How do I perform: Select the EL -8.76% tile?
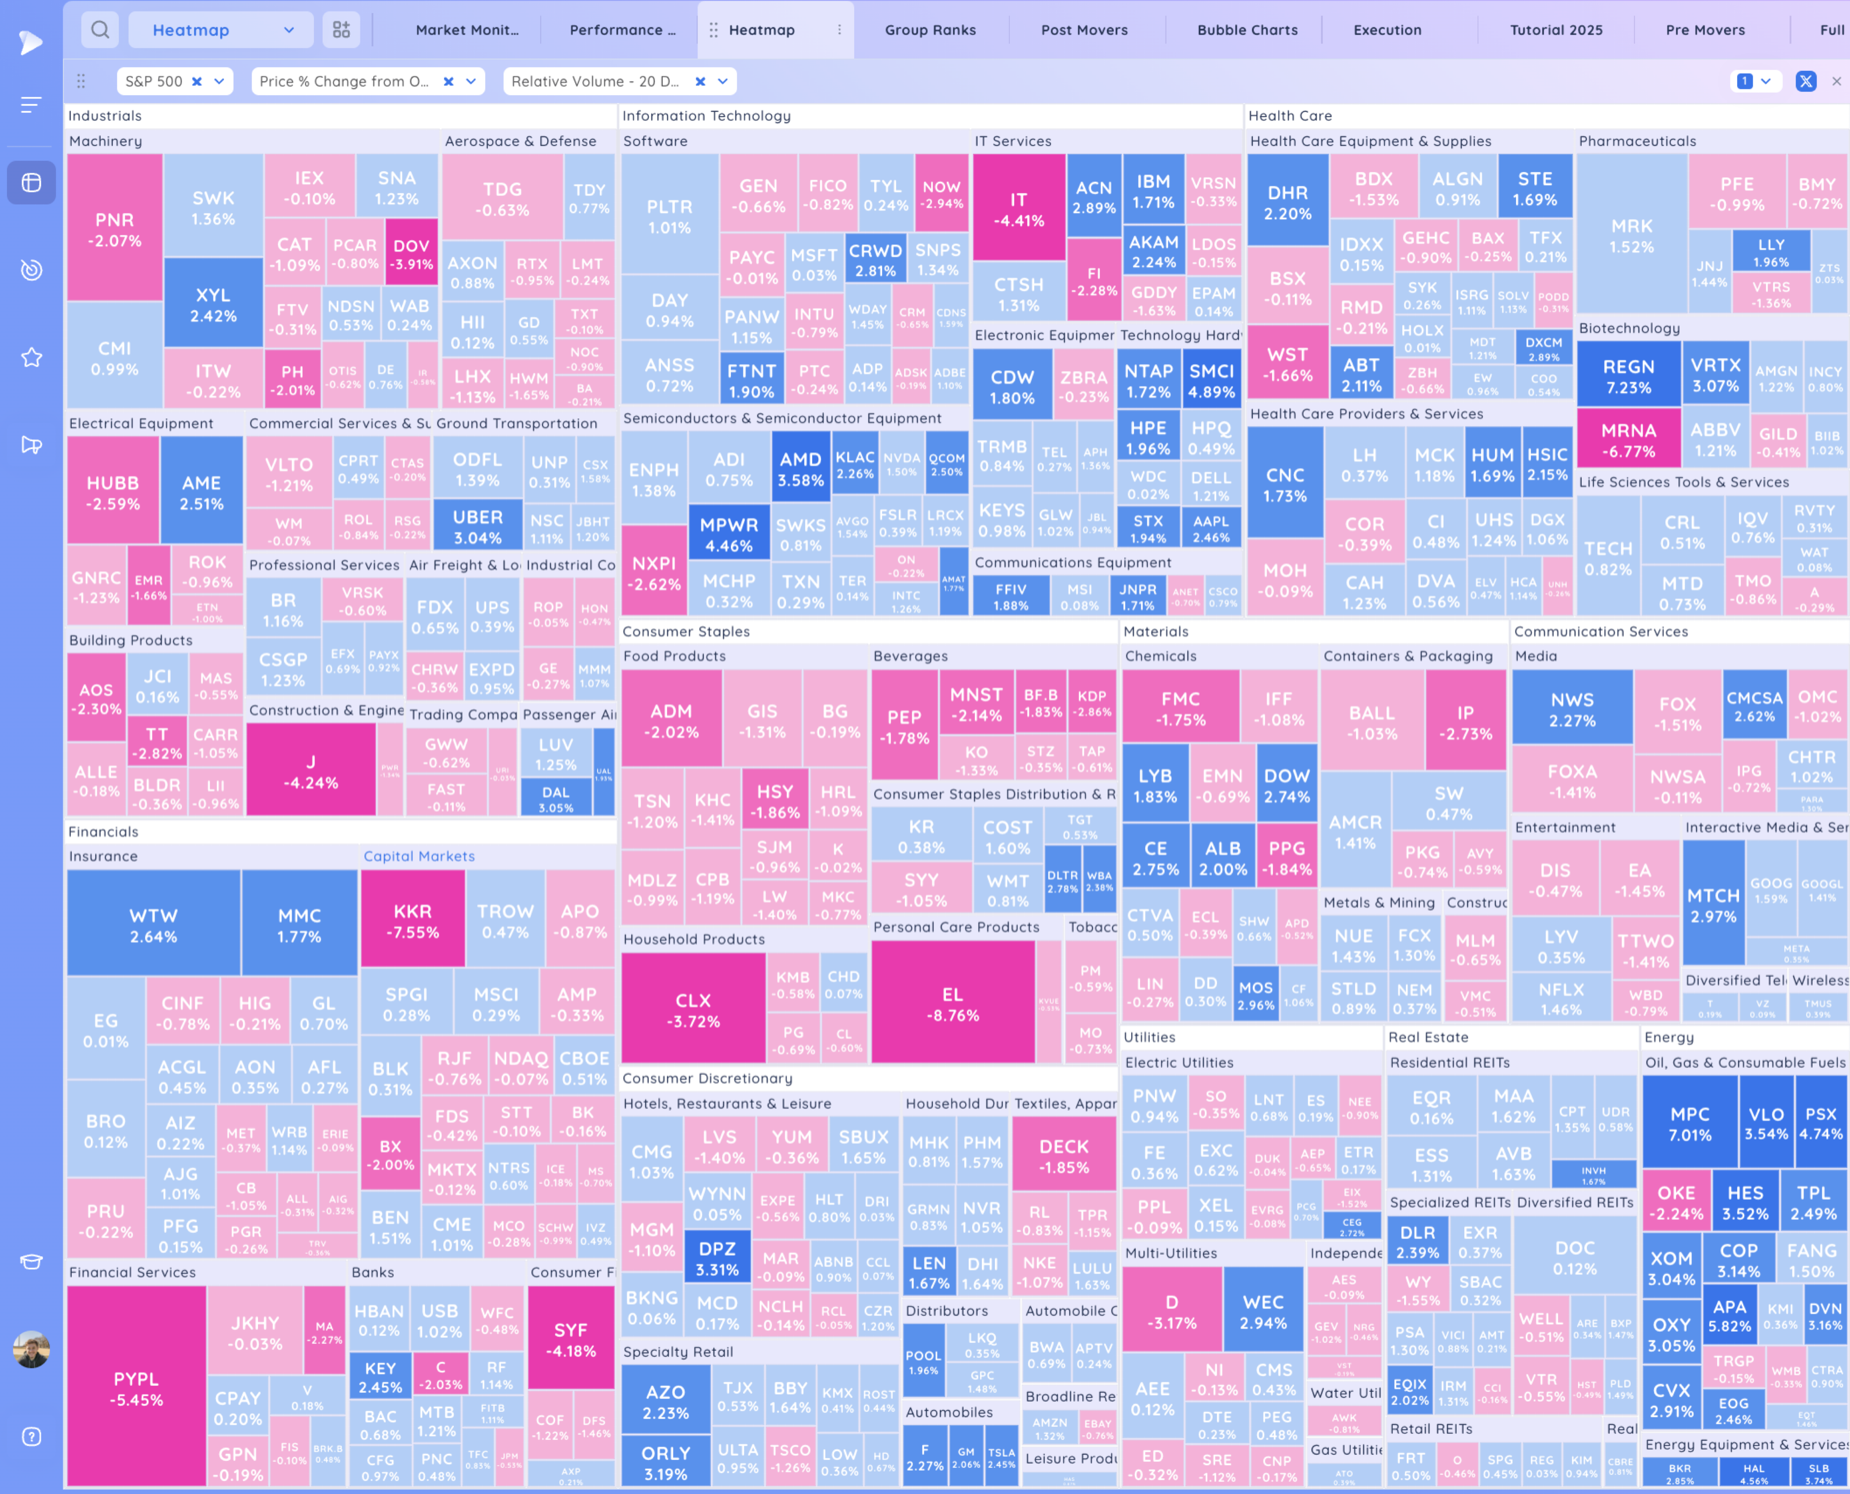[x=952, y=1004]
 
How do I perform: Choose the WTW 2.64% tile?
[x=153, y=925]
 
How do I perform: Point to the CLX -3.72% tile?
[x=693, y=1010]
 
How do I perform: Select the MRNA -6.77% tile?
[x=1628, y=440]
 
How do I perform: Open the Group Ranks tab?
[x=930, y=30]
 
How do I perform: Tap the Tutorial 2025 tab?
[x=1555, y=30]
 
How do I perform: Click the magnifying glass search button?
[x=100, y=30]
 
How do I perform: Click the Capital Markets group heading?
[x=419, y=856]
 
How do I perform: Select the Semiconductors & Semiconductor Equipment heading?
[x=782, y=418]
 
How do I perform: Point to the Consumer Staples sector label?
[x=685, y=632]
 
